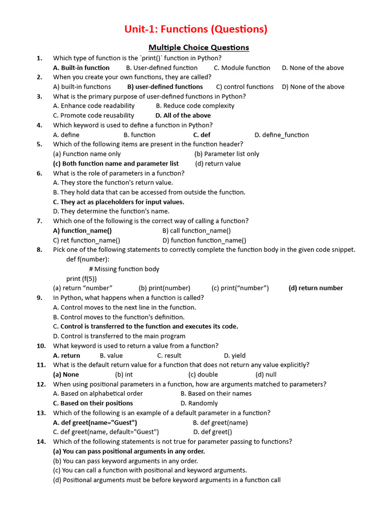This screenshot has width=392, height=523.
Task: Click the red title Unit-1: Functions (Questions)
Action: tap(196, 29)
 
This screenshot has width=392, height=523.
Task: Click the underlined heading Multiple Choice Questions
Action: tap(199, 47)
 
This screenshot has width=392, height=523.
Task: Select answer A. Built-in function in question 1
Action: tap(81, 67)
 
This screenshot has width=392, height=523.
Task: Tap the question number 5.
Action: tap(39, 144)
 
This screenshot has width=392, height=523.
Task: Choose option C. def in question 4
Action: tap(202, 135)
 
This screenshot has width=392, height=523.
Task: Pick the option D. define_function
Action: tap(281, 135)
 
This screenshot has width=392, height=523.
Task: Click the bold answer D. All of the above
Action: tap(183, 115)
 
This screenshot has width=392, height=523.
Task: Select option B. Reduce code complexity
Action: tap(195, 106)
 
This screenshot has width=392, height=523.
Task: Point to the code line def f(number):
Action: tap(88, 259)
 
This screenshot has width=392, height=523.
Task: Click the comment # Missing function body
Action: tap(124, 269)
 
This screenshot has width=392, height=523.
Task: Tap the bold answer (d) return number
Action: tap(315, 288)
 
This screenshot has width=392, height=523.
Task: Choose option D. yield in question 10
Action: tap(235, 355)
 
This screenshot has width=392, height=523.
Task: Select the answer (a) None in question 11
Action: tap(66, 374)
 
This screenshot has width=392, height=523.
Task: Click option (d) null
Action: tap(266, 374)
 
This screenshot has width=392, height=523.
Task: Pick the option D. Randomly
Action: tap(199, 403)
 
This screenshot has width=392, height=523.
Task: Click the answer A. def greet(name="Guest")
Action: tap(95, 422)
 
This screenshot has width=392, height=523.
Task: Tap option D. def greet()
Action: tap(212, 432)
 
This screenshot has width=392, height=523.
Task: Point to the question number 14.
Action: tap(41, 441)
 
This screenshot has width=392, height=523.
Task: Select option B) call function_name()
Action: tap(197, 230)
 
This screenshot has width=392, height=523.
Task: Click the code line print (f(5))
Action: tap(82, 278)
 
